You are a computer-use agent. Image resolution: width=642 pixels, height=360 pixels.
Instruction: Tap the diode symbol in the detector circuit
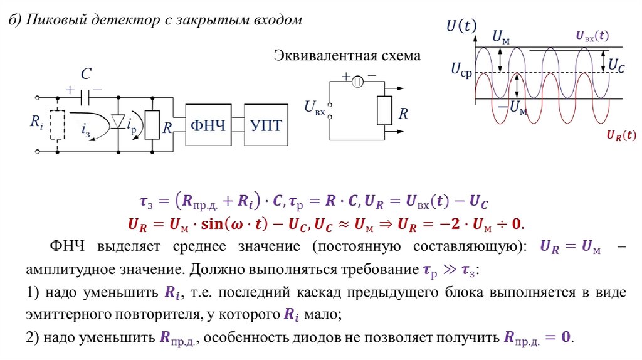[118, 122]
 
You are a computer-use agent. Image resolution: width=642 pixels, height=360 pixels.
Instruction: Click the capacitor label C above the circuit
[88, 75]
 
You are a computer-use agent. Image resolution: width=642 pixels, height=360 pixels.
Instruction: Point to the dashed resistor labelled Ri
[58, 124]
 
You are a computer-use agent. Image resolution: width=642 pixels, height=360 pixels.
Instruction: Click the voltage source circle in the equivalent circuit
[358, 81]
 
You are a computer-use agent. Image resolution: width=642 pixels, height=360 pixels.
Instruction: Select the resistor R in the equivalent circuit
[383, 111]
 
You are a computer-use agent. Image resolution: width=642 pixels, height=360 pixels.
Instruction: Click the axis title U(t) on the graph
[461, 26]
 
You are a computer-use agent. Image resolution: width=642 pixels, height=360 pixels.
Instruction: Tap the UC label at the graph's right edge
[616, 65]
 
